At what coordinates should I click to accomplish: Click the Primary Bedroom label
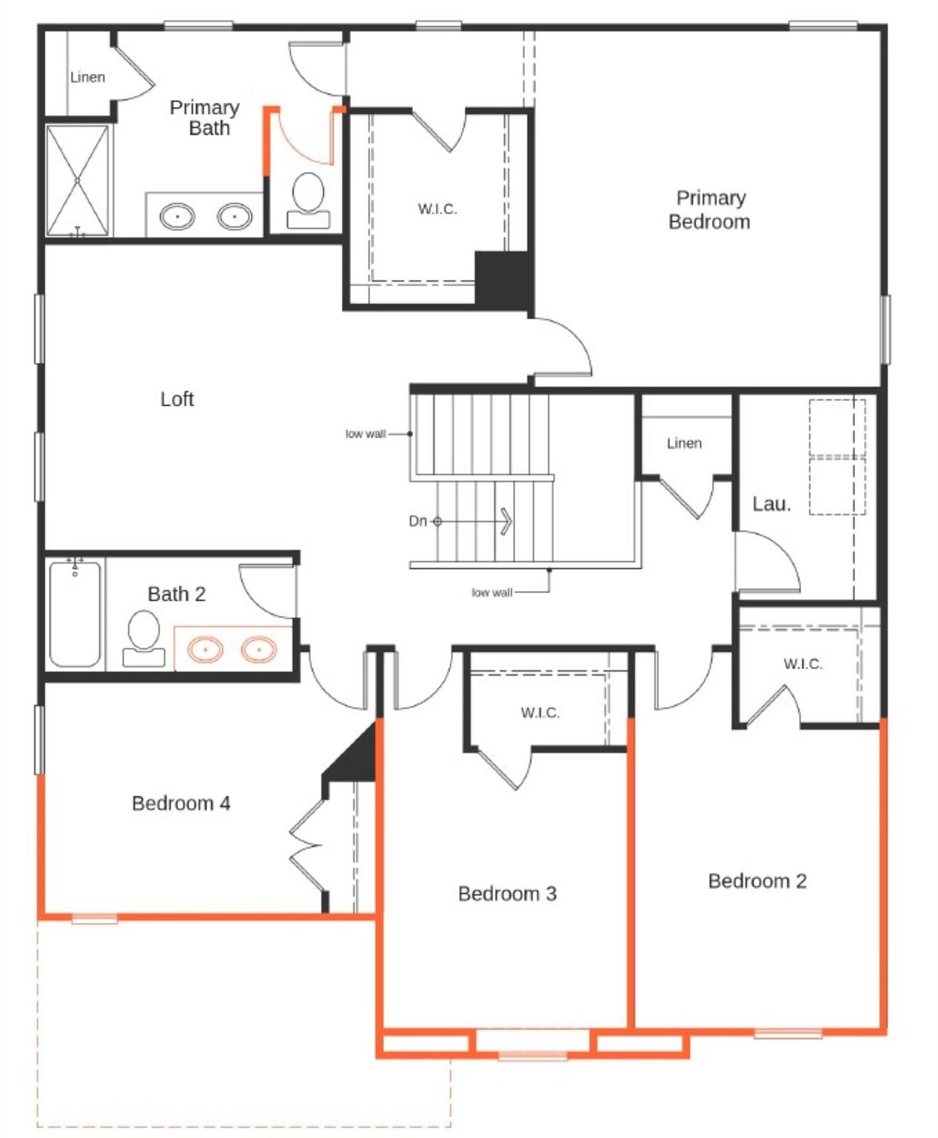[x=709, y=210]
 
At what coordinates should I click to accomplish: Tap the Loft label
[x=177, y=399]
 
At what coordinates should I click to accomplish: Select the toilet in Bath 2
[x=144, y=638]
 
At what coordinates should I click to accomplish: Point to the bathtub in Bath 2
[x=75, y=614]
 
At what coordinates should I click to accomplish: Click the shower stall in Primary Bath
[x=77, y=181]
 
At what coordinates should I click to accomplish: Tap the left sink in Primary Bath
[x=178, y=217]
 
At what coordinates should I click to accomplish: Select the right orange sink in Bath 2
[x=259, y=650]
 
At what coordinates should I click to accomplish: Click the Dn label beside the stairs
[x=418, y=521]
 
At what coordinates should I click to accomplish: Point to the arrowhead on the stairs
[x=506, y=521]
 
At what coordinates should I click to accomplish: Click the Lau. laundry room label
[x=771, y=505]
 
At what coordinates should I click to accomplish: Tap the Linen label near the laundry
[x=684, y=443]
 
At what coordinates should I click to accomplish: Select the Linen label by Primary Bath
[x=87, y=77]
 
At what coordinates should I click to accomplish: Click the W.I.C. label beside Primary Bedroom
[x=437, y=209]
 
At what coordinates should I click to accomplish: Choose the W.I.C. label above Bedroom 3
[x=540, y=713]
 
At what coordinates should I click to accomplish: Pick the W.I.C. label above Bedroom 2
[x=803, y=664]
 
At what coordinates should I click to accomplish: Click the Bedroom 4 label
[x=181, y=803]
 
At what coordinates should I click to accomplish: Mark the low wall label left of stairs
[x=366, y=434]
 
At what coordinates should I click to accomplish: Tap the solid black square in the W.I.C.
[x=503, y=279]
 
